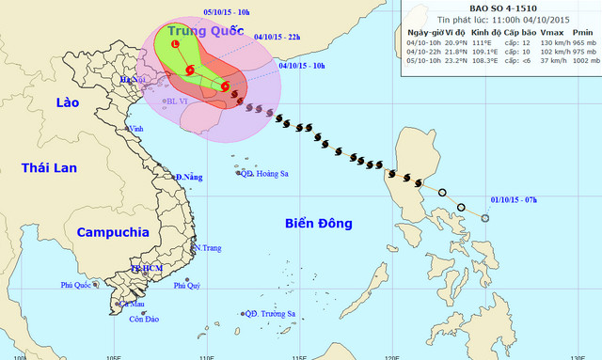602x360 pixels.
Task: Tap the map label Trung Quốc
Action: pos(200,32)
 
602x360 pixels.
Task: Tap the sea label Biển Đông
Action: pos(318,224)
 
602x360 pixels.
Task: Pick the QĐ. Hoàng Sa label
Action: pos(266,173)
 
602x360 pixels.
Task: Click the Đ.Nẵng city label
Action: pos(190,178)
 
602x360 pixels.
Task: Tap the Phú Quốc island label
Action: pos(79,285)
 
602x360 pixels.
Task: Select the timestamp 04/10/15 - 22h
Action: pos(277,38)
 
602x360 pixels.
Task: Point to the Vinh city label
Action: pos(136,129)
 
